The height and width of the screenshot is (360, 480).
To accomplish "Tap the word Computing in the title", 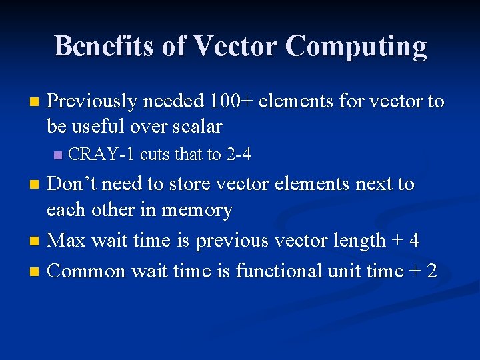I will [x=356, y=47].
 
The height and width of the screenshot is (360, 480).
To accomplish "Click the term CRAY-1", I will [x=102, y=155].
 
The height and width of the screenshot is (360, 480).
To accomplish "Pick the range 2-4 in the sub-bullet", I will [x=238, y=155].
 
